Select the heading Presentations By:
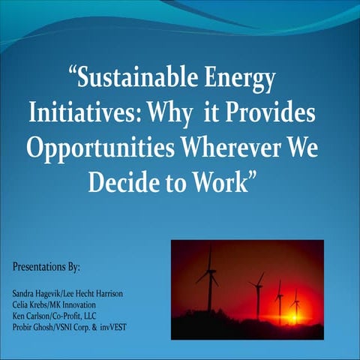point(46,267)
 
